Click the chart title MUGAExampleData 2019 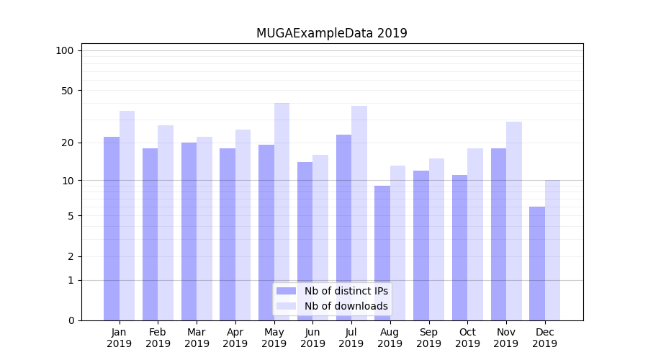click(x=331, y=33)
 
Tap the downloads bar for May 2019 click(x=282, y=212)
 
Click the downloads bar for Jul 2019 click(x=359, y=213)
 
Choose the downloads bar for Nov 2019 click(x=514, y=221)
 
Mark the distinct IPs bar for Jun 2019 click(x=305, y=241)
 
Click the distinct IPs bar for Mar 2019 click(x=189, y=231)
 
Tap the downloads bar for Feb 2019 click(x=166, y=222)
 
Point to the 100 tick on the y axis click(x=65, y=50)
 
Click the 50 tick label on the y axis click(x=68, y=91)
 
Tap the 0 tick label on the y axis click(x=71, y=320)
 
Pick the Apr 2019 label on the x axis click(x=235, y=338)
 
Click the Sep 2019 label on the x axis click(x=428, y=338)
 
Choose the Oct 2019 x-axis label click(x=467, y=338)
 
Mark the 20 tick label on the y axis click(x=68, y=143)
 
